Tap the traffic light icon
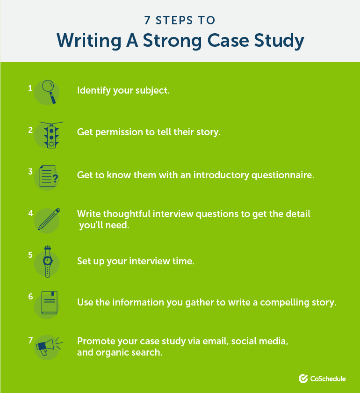click(x=51, y=135)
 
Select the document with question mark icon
click(x=49, y=176)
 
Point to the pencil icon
click(x=49, y=219)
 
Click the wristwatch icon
click(x=47, y=262)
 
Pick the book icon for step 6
click(x=50, y=303)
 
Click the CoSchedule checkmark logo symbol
click(x=303, y=378)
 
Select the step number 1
click(x=30, y=88)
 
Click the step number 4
click(x=30, y=213)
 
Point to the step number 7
click(x=30, y=341)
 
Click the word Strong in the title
click(x=173, y=41)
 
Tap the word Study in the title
click(x=279, y=41)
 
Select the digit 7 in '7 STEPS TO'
click(x=147, y=20)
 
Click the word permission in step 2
click(x=119, y=132)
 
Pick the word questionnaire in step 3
click(x=283, y=175)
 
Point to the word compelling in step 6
click(x=285, y=303)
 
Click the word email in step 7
click(x=216, y=341)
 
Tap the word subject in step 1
click(x=152, y=90)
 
